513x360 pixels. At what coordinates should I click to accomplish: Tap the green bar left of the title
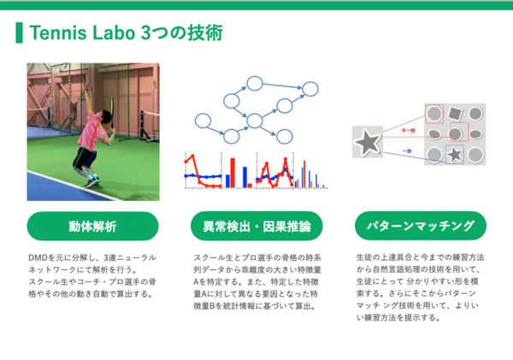[19, 33]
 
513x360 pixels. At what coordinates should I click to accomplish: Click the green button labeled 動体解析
[92, 227]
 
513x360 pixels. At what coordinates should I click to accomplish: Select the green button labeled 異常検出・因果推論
[256, 227]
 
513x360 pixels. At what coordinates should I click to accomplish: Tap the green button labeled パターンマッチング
[420, 227]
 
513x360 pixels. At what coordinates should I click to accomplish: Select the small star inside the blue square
[456, 154]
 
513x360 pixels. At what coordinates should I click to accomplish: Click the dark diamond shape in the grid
[455, 113]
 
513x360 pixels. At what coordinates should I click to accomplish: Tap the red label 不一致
[408, 129]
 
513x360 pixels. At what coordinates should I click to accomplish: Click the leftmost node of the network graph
[201, 121]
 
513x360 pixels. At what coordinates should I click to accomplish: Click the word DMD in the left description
[38, 257]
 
